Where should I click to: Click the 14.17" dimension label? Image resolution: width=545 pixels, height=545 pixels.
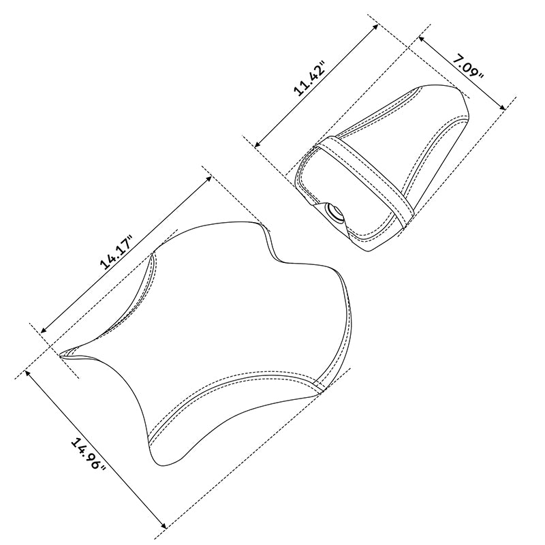tap(116, 253)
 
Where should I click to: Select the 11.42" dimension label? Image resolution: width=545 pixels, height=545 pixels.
tap(309, 78)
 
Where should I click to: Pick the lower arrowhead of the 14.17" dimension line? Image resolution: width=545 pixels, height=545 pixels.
tap(43, 330)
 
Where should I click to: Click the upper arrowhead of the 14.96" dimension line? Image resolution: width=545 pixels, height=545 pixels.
tap(27, 373)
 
